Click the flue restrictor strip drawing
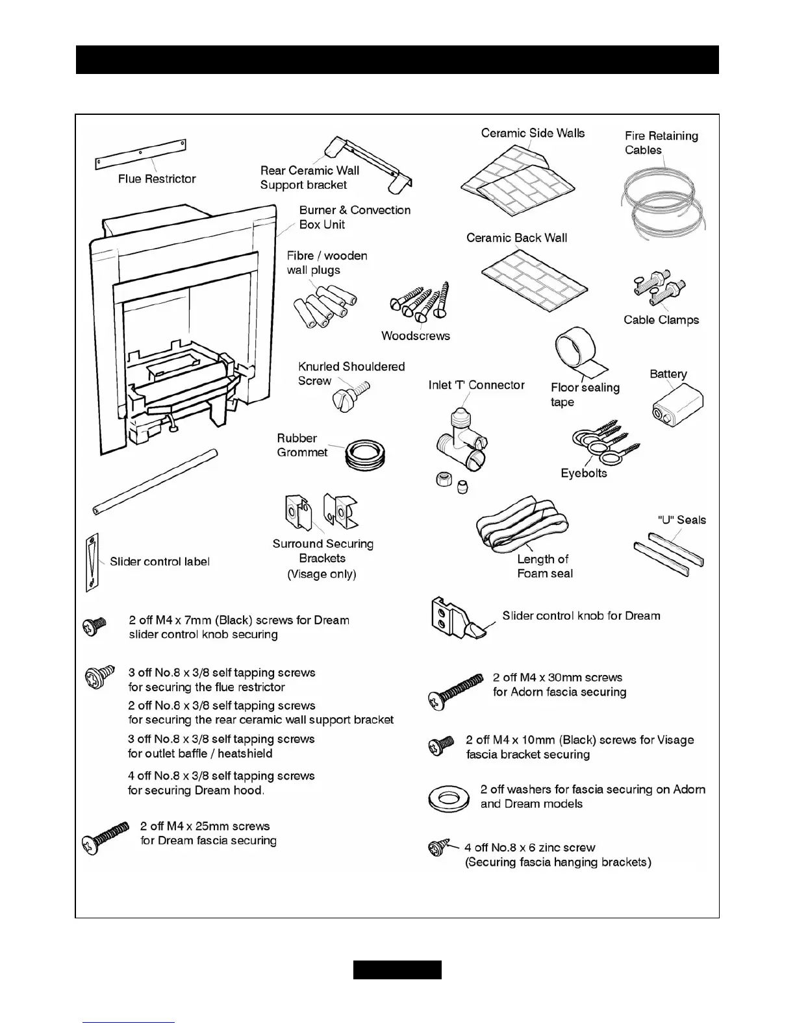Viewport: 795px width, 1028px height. click(140, 154)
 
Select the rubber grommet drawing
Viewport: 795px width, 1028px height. click(365, 453)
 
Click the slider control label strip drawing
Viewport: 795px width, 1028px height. click(92, 563)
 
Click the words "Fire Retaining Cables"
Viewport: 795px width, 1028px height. click(661, 143)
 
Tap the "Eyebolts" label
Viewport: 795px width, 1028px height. click(583, 473)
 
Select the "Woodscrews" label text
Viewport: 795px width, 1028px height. click(415, 336)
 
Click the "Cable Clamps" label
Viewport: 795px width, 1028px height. click(661, 320)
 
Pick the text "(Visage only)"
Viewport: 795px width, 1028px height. click(322, 574)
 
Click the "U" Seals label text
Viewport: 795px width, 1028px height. click(681, 520)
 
